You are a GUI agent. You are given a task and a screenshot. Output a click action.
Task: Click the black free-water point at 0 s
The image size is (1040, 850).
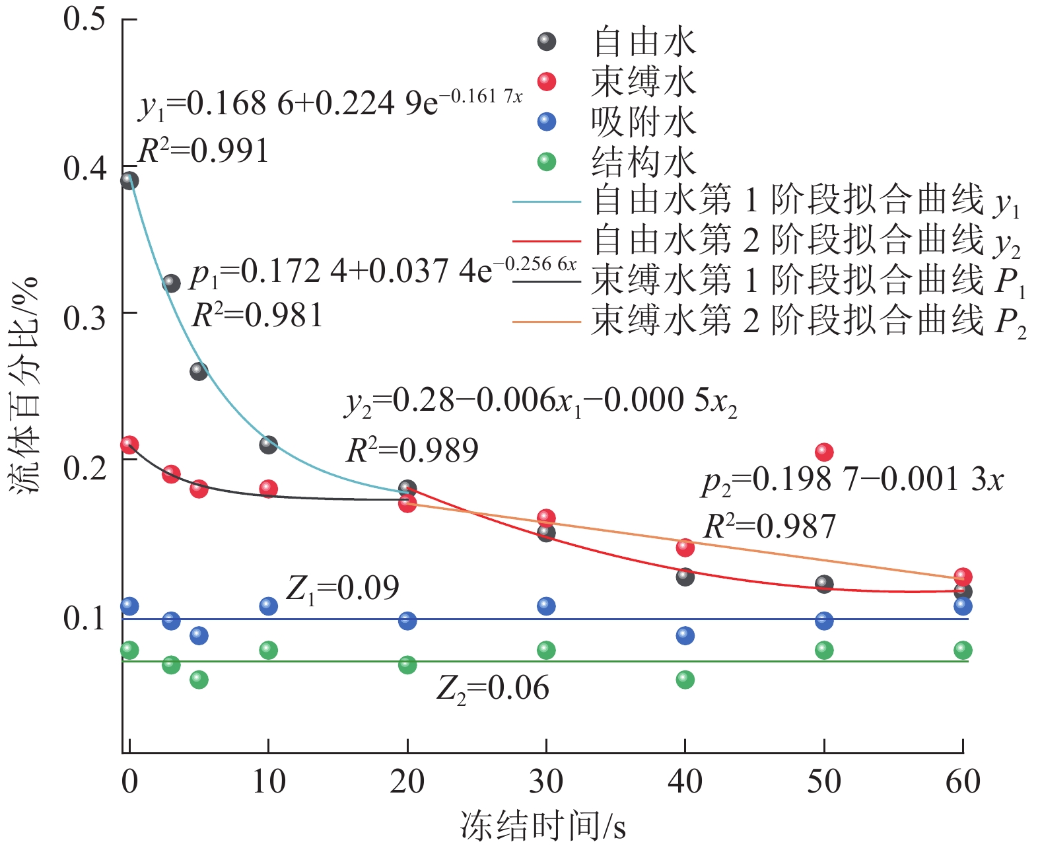pyautogui.click(x=129, y=180)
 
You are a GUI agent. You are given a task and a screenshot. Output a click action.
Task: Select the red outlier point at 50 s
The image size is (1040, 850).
pyautogui.click(x=824, y=452)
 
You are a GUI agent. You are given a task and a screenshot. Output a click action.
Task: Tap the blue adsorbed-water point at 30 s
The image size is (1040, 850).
pyautogui.click(x=546, y=606)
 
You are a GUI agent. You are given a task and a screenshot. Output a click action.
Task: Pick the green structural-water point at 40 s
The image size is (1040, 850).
pyautogui.click(x=685, y=680)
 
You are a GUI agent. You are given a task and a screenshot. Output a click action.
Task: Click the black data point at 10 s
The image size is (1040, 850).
pyautogui.click(x=268, y=444)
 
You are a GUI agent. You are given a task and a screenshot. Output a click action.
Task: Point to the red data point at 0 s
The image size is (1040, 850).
pyautogui.click(x=129, y=444)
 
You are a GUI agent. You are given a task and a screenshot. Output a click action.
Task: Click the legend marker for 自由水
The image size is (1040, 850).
pyautogui.click(x=547, y=42)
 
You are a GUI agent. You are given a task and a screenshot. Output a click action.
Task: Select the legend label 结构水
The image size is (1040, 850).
pyautogui.click(x=644, y=162)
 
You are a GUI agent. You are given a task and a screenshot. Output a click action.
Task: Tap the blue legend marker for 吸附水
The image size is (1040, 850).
pyautogui.click(x=547, y=122)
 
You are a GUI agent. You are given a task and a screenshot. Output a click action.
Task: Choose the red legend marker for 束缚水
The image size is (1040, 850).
pyautogui.click(x=547, y=82)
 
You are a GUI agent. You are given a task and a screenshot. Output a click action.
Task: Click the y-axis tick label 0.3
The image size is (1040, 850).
pyautogui.click(x=85, y=318)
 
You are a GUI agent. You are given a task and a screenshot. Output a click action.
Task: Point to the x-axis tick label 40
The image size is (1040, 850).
pyautogui.click(x=685, y=782)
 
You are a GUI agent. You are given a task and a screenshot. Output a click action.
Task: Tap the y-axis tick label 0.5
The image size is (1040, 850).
pyautogui.click(x=85, y=18)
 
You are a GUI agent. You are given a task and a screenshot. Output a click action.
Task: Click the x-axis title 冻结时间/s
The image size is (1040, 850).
pyautogui.click(x=542, y=826)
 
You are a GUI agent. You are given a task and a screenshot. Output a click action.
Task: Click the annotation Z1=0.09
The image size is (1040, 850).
pyautogui.click(x=343, y=588)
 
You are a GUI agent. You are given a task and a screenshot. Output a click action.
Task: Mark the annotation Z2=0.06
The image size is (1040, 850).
pyautogui.click(x=493, y=689)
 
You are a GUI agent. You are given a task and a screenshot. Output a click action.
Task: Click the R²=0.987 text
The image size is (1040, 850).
pyautogui.click(x=769, y=526)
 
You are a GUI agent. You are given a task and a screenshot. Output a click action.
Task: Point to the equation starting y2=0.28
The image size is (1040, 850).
pyautogui.click(x=541, y=402)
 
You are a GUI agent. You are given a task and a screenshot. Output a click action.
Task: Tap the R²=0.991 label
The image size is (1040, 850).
pyautogui.click(x=203, y=151)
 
